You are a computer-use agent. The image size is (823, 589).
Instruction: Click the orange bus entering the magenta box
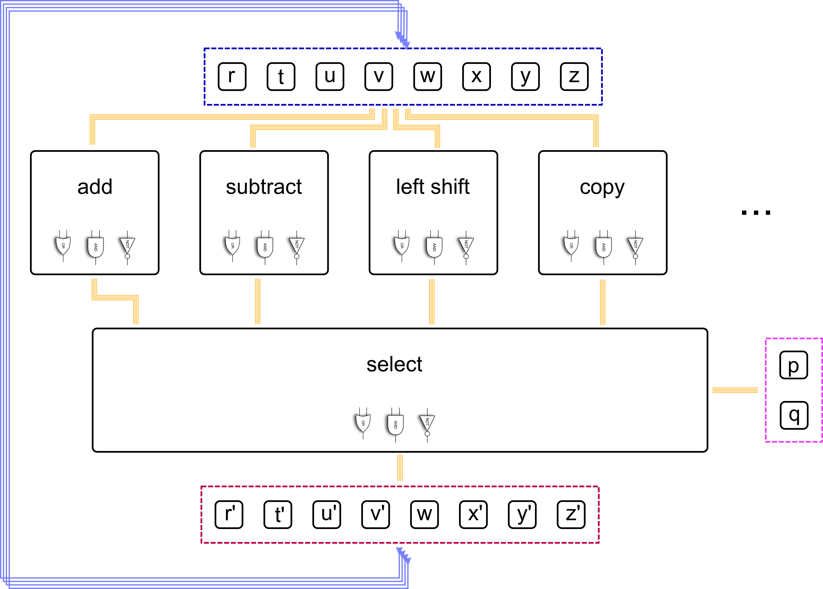(x=735, y=390)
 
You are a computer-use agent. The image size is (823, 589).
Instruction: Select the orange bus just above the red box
(x=400, y=468)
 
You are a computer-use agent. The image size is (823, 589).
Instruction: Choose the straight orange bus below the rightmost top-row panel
(x=603, y=302)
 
